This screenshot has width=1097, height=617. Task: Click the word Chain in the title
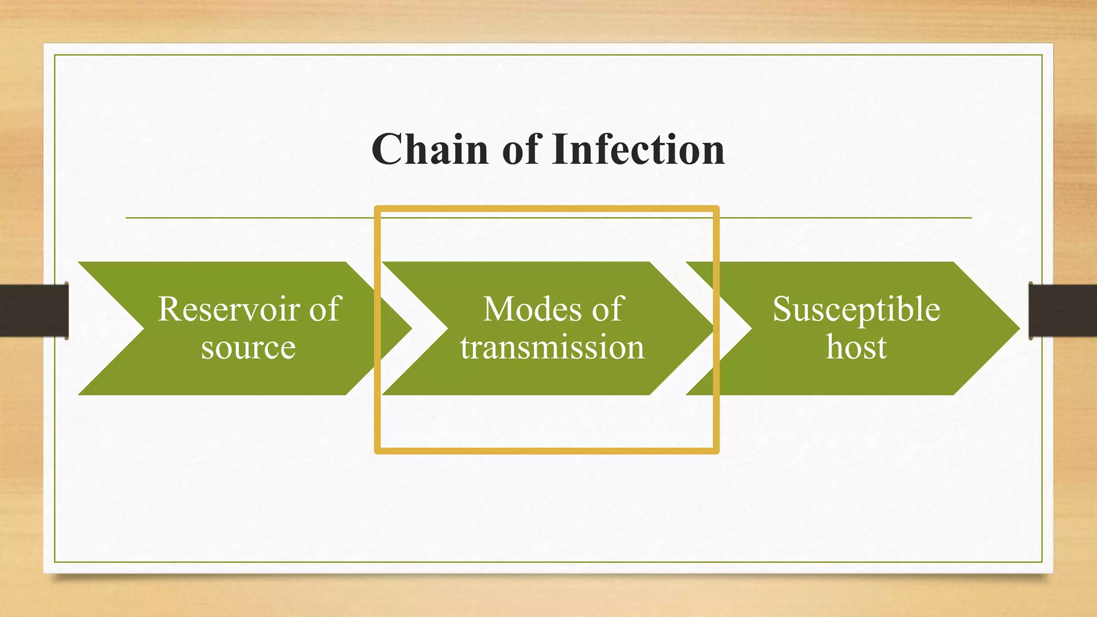(430, 149)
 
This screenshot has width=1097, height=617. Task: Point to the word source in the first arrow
(248, 348)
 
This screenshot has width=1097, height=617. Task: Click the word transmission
(552, 348)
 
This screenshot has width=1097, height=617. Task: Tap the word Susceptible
(856, 309)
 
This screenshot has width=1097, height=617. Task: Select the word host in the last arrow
(856, 348)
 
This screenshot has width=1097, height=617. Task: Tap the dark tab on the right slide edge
(1063, 311)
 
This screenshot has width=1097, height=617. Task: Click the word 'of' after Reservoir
(325, 309)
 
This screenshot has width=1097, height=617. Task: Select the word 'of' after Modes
(607, 309)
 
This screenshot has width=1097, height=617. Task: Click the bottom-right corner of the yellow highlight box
(716, 451)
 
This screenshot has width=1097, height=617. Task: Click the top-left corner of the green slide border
(55, 55)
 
